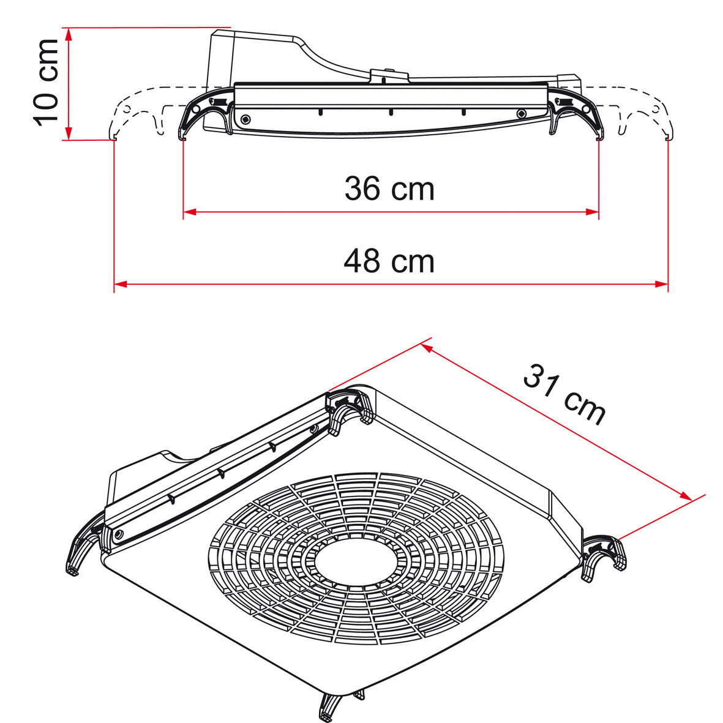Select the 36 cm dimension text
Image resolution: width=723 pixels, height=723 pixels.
click(x=389, y=189)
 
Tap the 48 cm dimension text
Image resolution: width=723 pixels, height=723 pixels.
click(x=389, y=261)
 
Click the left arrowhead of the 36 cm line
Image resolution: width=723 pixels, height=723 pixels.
click(x=189, y=212)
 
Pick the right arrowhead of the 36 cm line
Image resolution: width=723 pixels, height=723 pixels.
click(x=592, y=212)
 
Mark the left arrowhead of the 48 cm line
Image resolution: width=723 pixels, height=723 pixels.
click(x=120, y=284)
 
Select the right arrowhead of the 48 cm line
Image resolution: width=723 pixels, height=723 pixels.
click(x=662, y=284)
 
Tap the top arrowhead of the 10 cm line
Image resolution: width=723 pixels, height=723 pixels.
click(x=69, y=34)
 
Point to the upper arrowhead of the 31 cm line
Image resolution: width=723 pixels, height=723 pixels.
click(x=427, y=348)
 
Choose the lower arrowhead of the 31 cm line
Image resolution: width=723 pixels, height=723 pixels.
click(x=686, y=497)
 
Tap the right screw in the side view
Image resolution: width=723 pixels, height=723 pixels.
click(x=521, y=113)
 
